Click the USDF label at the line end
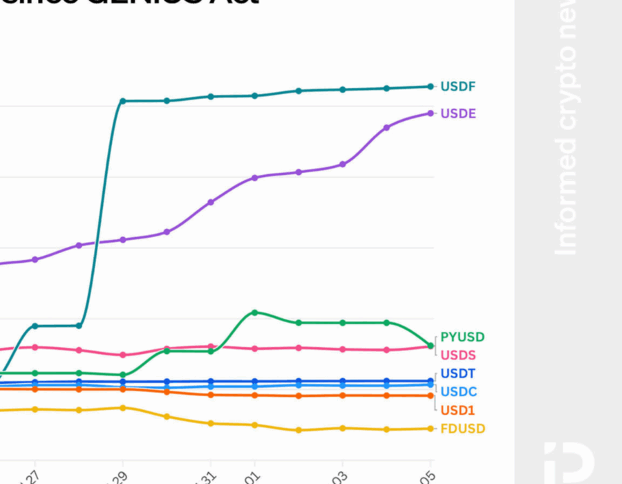458,86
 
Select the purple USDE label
458,113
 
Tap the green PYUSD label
462,337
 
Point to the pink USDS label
458,355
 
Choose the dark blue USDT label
458,374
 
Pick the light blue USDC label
459,392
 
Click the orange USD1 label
458,410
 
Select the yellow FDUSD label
462,429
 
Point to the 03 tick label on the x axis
340,476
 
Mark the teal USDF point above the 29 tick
123,101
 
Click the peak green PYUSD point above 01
254,313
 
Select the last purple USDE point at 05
430,113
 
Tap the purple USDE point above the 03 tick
342,165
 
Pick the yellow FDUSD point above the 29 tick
123,408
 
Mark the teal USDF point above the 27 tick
35,326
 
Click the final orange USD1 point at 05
430,395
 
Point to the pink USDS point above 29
123,355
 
